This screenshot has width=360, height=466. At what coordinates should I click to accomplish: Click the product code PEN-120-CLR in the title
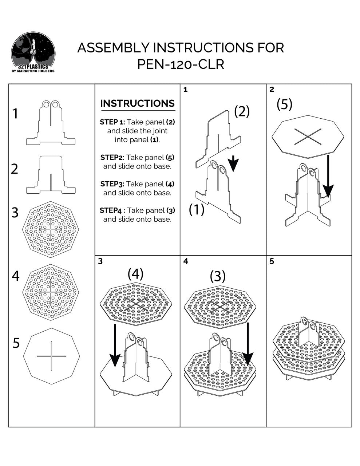tap(181, 64)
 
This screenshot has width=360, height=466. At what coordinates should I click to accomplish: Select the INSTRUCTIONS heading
tap(137, 103)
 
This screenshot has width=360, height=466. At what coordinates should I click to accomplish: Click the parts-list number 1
tap(15, 114)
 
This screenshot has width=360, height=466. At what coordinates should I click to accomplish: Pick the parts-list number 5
tap(16, 343)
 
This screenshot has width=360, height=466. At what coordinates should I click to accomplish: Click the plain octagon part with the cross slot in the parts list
tap(51, 356)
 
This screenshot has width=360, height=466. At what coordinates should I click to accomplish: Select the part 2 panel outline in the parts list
tap(51, 175)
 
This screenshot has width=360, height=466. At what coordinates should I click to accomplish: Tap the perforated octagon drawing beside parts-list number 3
tap(51, 229)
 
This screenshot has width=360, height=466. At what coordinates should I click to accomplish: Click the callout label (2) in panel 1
tap(242, 111)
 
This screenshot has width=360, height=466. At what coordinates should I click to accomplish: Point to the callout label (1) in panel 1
tap(197, 209)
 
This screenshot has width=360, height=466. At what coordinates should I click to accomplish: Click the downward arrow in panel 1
tap(234, 163)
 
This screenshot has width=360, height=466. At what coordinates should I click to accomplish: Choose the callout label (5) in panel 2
tap(284, 104)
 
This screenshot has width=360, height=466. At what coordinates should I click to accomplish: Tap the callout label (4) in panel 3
tap(135, 273)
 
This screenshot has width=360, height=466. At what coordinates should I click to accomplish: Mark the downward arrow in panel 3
tap(115, 345)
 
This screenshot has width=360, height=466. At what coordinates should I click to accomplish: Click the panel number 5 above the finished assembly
tap(272, 261)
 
